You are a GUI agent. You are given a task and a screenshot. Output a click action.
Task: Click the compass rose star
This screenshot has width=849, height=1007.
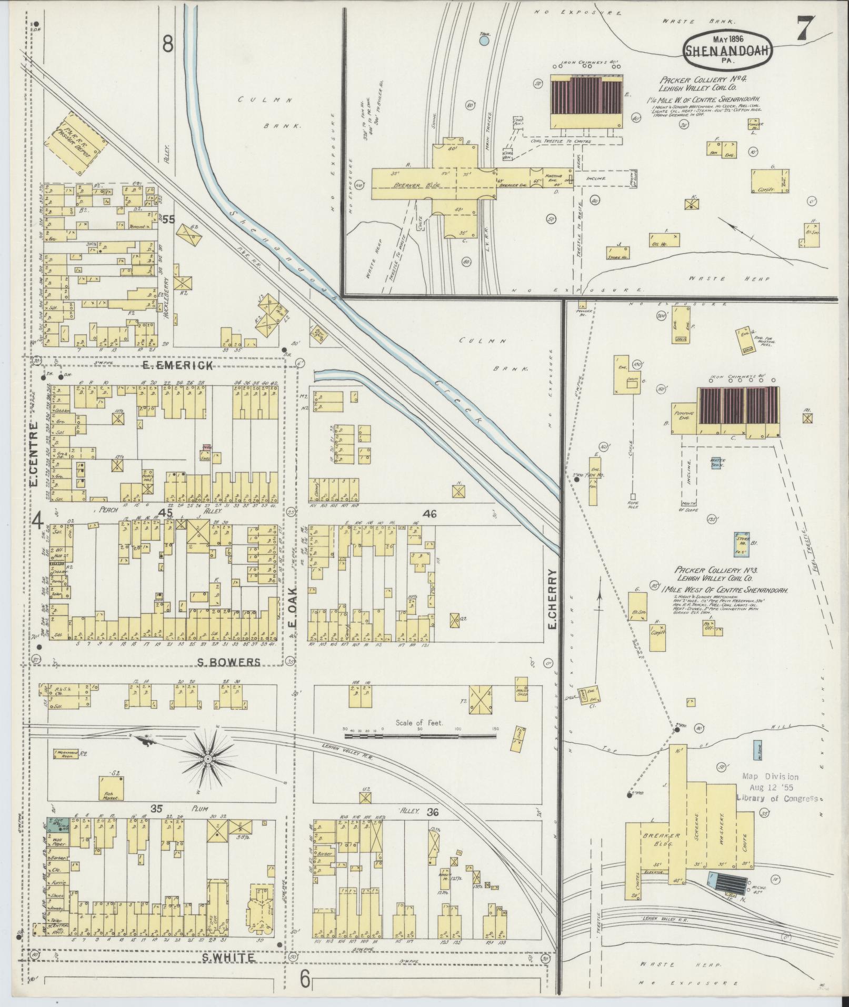tap(208, 759)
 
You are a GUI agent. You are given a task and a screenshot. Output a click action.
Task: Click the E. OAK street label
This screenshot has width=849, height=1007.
tap(293, 608)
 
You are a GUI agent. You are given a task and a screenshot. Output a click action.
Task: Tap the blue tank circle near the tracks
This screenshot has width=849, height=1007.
tap(484, 39)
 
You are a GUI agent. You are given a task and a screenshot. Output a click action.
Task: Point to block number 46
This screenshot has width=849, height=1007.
tap(430, 514)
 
